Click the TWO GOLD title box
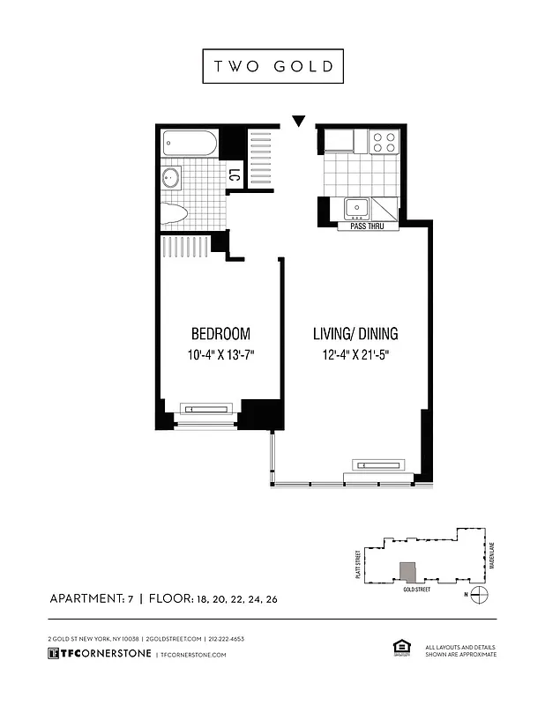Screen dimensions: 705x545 coord(272,67)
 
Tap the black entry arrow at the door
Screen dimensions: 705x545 coord(299,121)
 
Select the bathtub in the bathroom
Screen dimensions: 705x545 coord(190,145)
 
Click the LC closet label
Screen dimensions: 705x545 coord(234,175)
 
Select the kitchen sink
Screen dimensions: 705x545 coord(357,210)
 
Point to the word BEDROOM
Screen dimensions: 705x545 coord(220,334)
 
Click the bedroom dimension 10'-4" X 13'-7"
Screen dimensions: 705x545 coord(220,356)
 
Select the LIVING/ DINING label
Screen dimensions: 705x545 coord(355,334)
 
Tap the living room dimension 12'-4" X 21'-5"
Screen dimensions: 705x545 coord(355,356)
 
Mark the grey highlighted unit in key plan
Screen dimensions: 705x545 coord(407,574)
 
